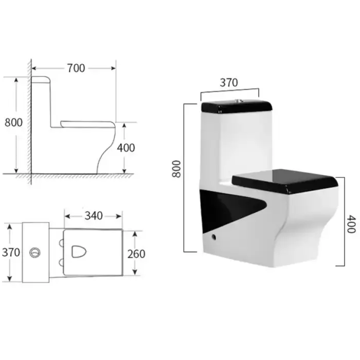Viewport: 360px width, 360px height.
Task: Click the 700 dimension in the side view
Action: coord(76,68)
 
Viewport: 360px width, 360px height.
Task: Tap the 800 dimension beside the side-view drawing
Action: coord(13,122)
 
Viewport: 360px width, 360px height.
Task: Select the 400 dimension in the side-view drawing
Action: coord(126,148)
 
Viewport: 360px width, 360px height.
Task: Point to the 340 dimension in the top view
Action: coord(94,216)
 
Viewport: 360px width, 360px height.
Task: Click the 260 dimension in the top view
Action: coord(136,254)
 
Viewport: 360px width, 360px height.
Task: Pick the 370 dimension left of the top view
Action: coord(11,253)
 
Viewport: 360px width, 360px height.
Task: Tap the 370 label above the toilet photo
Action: coord(229,83)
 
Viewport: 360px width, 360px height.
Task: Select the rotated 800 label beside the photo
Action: coord(176,169)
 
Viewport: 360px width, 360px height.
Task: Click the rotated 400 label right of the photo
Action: coord(351,224)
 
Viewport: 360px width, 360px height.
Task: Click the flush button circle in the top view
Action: coord(35,253)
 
